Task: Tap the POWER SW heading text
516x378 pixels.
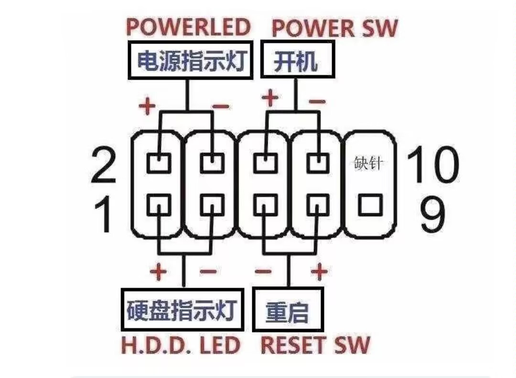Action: pos(334,28)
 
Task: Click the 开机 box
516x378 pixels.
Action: pos(296,61)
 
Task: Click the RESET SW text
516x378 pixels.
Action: pos(315,345)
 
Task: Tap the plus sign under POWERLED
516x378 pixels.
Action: pos(147,105)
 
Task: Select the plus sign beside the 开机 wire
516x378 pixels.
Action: pos(270,99)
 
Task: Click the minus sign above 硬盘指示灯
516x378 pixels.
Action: pos(208,272)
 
